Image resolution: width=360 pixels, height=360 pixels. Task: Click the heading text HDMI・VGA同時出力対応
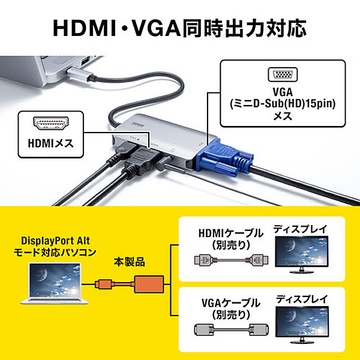point(180,28)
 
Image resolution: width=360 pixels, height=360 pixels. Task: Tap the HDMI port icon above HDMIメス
point(51,123)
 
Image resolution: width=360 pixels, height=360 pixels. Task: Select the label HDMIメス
point(51,143)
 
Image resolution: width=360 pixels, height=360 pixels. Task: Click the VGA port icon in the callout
point(283,74)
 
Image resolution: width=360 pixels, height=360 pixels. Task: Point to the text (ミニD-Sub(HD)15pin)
point(283,104)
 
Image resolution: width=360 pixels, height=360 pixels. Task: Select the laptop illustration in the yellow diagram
point(55,284)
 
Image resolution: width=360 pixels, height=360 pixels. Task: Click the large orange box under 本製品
point(149,284)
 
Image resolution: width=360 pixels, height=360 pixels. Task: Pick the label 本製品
point(129,262)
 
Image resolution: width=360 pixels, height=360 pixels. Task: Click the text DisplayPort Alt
point(55,241)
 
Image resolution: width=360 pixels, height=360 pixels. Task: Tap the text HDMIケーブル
point(231,233)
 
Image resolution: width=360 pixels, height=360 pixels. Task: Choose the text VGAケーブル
point(231,303)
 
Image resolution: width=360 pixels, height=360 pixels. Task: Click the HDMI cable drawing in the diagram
point(231,260)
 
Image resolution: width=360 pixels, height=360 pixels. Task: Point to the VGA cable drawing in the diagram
point(231,329)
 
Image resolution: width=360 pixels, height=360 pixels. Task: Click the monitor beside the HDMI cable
point(302,254)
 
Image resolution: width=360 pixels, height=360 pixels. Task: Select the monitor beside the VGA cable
point(302,325)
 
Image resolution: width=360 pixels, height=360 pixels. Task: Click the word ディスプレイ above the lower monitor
point(302,299)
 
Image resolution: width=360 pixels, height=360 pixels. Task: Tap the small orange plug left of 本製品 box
point(104,284)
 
